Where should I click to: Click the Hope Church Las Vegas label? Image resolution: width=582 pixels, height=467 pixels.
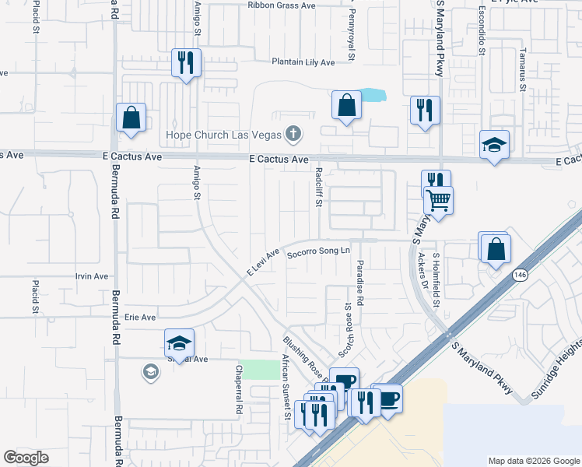(223, 135)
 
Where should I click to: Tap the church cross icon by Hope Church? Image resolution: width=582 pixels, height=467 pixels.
(293, 135)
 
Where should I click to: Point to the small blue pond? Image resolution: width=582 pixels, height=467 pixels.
(374, 97)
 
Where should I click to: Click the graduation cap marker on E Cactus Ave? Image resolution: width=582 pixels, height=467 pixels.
(494, 145)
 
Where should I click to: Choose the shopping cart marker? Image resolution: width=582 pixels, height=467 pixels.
(439, 200)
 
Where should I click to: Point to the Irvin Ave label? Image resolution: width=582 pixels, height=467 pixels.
(92, 276)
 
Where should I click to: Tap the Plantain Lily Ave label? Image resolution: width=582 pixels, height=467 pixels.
(303, 62)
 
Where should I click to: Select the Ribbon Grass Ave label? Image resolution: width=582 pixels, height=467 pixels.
(281, 5)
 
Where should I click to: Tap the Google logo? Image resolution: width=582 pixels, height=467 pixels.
(26, 458)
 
